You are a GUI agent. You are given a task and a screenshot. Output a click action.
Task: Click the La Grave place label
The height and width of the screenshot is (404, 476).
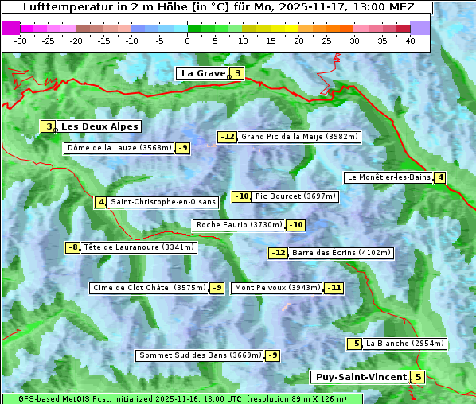coord(203,73)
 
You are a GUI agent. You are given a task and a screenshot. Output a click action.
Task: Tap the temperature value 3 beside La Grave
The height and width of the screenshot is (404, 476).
coord(237,73)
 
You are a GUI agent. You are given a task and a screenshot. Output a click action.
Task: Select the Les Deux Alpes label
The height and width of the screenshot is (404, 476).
coord(100,126)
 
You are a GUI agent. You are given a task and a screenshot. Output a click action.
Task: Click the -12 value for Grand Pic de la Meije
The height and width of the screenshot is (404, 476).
coord(228,137)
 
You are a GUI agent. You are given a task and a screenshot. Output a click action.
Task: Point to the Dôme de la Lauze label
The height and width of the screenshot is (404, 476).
coord(119,148)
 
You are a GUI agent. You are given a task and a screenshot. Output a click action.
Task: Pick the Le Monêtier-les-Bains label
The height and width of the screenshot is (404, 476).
coord(388,177)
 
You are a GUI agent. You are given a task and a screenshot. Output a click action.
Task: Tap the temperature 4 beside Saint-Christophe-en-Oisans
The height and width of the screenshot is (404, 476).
coord(100,202)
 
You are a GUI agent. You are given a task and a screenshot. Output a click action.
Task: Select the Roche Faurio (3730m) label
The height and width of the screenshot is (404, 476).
coord(240,225)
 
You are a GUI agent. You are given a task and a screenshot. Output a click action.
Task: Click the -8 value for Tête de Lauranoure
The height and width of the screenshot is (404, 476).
coord(73,247)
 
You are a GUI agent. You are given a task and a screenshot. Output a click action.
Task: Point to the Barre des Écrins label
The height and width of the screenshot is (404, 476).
coord(341,253)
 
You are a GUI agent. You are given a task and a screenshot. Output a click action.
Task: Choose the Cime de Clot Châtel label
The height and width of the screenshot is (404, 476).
coord(149,288)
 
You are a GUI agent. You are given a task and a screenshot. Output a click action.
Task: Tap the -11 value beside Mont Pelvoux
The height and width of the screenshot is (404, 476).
coord(334,288)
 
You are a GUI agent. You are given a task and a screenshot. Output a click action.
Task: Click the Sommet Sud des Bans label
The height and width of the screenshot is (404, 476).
coord(200,355)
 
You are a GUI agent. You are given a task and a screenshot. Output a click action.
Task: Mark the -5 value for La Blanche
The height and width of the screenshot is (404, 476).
coord(354,344)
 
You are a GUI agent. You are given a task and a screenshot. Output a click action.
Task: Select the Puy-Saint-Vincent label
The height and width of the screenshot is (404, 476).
coord(360,377)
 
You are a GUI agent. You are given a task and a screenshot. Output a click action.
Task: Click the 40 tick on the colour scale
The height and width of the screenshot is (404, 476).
coord(409,41)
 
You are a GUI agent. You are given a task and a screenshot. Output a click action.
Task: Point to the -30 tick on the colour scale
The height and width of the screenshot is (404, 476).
coord(21,41)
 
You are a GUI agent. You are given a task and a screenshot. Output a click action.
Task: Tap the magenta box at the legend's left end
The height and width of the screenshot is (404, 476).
coord(10,28)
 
